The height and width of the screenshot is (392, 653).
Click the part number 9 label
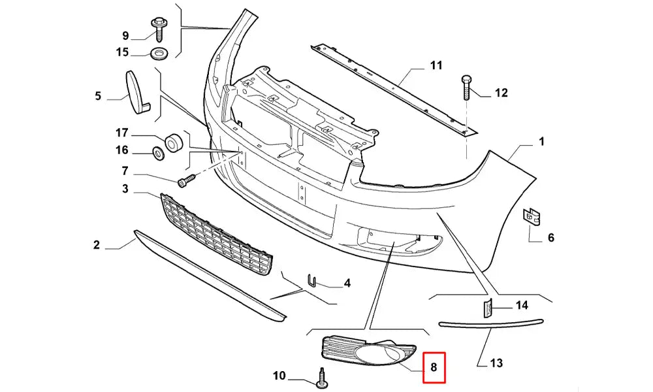(125, 35)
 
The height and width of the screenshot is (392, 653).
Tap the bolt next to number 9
(159, 26)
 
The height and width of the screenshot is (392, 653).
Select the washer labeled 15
(158, 52)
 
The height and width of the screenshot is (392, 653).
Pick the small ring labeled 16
(158, 154)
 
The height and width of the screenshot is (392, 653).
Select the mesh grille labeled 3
(215, 235)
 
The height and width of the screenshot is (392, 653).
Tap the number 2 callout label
(97, 245)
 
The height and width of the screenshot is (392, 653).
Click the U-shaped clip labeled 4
(312, 281)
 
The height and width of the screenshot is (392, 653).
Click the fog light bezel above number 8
(370, 352)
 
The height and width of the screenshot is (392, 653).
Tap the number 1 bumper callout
(541, 141)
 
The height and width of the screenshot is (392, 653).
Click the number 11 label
(436, 65)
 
